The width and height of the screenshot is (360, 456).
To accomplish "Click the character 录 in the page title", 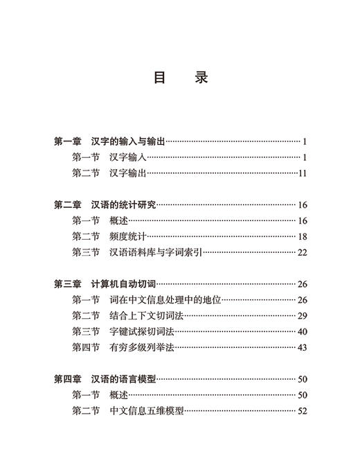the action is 201,76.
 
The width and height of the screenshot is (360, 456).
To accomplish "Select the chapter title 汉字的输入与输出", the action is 129,141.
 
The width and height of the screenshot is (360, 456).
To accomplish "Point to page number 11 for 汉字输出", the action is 302,173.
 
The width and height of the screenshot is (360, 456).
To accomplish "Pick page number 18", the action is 302,236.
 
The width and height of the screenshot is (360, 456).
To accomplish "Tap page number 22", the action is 302,252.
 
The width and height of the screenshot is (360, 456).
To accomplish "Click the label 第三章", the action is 69,283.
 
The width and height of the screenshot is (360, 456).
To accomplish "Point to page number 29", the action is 302,315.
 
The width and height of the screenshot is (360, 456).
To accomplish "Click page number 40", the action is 302,331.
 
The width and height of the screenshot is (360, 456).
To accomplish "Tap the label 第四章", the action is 69,379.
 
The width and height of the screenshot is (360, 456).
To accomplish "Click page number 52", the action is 302,411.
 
